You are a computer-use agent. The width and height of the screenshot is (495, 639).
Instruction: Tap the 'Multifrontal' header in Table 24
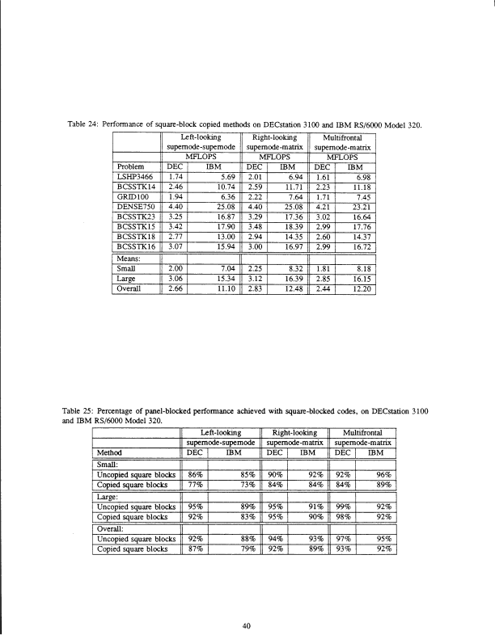click(x=344, y=138)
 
